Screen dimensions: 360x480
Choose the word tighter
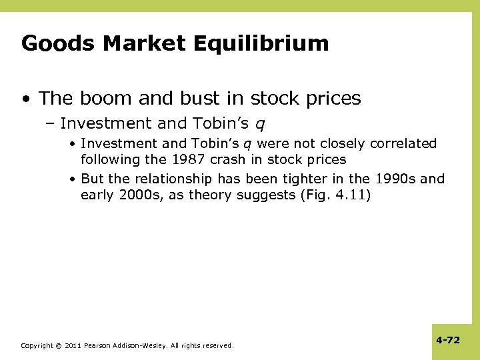point(311,179)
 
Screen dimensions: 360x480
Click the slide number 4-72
point(448,340)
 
